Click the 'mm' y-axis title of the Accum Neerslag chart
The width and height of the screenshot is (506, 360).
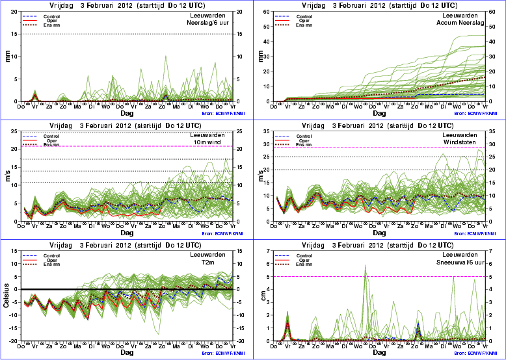(x=263, y=57)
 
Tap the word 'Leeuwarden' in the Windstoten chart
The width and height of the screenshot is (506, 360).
(x=469, y=135)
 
